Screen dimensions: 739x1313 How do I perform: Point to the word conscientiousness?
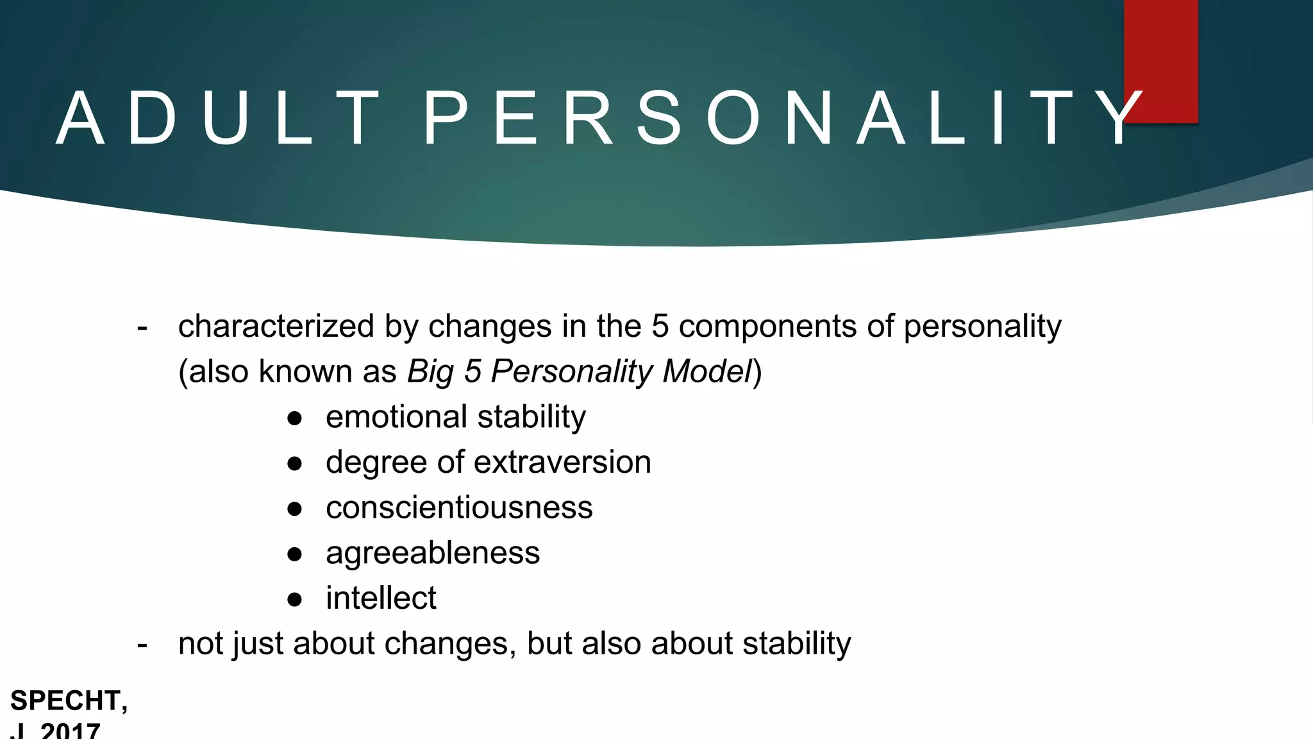click(459, 508)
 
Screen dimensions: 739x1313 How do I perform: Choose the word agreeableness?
click(433, 554)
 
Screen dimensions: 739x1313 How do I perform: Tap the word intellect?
click(381, 599)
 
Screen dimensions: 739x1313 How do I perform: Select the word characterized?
click(276, 327)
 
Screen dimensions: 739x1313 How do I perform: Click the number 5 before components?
click(660, 327)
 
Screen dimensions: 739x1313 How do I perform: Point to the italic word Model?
click(707, 371)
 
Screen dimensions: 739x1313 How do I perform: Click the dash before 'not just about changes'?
click(142, 645)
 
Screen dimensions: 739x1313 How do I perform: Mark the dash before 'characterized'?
click(142, 328)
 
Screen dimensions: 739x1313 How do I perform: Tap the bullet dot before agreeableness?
click(295, 554)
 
